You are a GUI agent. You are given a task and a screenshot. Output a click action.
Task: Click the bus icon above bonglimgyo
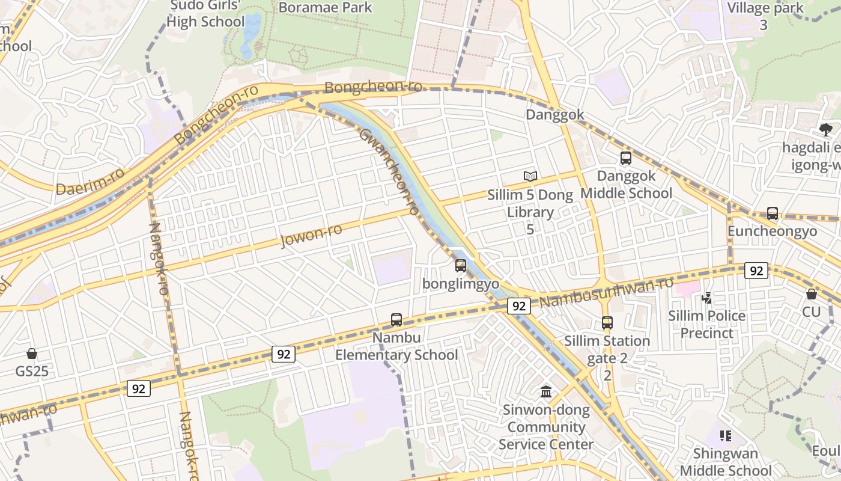click(461, 265)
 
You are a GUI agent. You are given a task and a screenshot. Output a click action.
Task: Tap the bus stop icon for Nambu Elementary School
click(396, 320)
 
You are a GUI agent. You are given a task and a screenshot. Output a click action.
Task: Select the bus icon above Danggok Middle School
click(626, 158)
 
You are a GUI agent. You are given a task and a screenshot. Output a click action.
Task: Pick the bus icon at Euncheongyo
click(773, 213)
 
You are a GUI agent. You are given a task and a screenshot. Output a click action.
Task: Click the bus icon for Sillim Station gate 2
click(607, 323)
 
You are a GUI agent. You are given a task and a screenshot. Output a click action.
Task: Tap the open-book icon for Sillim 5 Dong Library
click(530, 176)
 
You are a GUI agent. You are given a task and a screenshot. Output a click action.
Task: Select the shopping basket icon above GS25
click(32, 354)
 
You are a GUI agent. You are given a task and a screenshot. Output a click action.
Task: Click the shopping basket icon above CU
click(812, 294)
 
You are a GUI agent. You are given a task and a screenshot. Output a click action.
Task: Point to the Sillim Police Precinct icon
click(707, 298)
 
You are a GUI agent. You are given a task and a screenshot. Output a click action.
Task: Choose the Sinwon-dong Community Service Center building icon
click(546, 392)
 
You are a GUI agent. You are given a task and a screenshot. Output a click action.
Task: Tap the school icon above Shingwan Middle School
click(726, 435)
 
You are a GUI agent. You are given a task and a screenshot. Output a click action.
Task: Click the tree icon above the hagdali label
click(826, 129)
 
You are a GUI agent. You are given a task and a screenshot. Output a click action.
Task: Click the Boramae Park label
click(326, 7)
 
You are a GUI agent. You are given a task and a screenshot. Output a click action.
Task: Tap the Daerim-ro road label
click(90, 181)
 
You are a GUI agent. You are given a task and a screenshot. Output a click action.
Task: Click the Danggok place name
click(555, 115)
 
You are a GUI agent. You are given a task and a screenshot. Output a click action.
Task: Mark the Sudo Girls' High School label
click(205, 14)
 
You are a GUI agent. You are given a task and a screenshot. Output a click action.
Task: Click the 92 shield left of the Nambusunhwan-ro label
click(519, 306)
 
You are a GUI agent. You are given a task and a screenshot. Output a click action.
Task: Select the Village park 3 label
click(765, 16)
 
